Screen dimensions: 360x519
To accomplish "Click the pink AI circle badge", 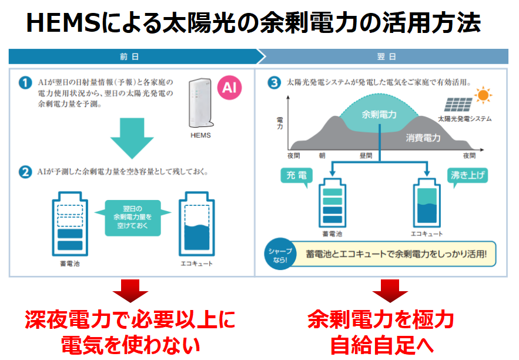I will pos(230,88).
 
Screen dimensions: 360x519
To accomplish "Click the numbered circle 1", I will pos(25,84).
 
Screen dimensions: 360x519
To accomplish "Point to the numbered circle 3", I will pos(273,83).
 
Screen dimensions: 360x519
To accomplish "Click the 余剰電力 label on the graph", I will pos(379,114).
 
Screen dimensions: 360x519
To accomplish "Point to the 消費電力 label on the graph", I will pos(423,138).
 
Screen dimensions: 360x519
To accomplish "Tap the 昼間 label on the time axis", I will pos(365,156).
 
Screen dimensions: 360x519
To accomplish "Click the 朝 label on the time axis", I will pos(322,156).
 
